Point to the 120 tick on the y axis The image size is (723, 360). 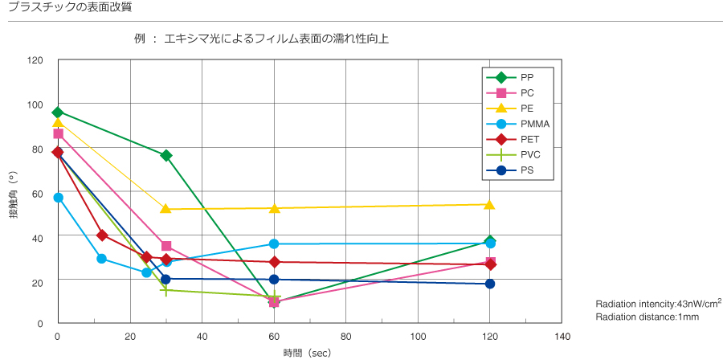coord(35,60)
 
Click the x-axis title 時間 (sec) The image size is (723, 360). coord(306,352)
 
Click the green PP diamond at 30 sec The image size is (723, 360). coord(166,155)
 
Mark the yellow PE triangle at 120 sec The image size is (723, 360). coord(490,204)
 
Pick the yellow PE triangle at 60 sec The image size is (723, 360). coord(274,208)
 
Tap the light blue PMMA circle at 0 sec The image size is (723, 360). coord(58,198)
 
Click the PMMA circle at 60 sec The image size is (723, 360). coord(274,243)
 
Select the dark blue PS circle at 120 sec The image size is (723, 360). coord(490,284)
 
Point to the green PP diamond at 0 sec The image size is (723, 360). coord(58,112)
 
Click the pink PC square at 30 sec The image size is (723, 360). coord(166,246)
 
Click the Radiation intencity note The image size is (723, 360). coord(658,304)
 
